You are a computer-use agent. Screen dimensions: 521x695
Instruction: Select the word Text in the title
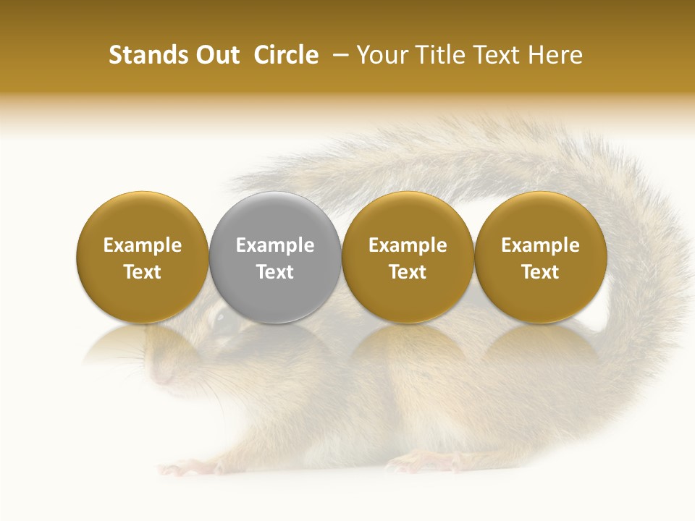(496, 55)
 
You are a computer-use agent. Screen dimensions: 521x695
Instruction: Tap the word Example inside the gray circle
(275, 245)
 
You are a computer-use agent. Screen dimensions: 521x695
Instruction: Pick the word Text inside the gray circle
(275, 272)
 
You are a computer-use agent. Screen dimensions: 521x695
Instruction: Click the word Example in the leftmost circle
(142, 245)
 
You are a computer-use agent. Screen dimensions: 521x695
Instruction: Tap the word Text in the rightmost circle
(541, 272)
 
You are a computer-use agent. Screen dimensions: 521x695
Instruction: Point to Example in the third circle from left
(408, 245)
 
